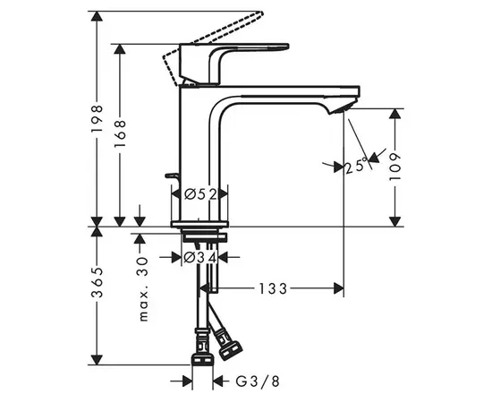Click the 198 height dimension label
[97, 117]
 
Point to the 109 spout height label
[396, 167]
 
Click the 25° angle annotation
[356, 166]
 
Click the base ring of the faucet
[201, 221]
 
